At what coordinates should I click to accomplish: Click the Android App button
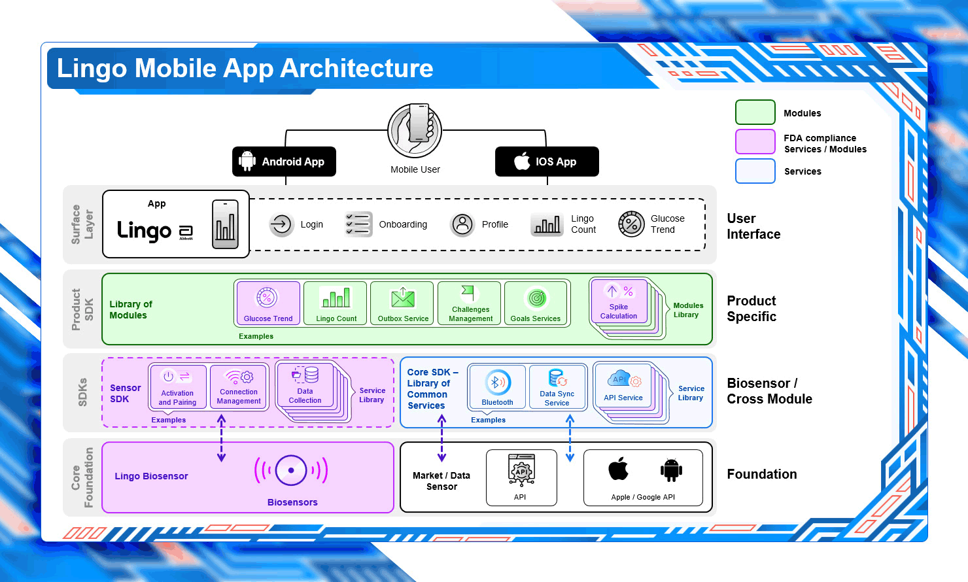tap(284, 162)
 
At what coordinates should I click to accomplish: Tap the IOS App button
tap(547, 162)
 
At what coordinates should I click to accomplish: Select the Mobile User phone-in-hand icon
tap(415, 131)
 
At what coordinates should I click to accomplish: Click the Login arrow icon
tap(281, 224)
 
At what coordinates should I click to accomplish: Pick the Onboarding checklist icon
tap(358, 224)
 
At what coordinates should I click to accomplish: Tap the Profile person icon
tap(462, 224)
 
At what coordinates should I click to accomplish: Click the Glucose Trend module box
tap(268, 303)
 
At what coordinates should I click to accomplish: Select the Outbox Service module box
tap(402, 303)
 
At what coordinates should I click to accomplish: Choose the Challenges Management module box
tap(470, 303)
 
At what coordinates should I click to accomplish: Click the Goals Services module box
tap(536, 303)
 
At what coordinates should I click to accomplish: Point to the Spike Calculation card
tap(619, 301)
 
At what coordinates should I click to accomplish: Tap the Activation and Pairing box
tap(178, 386)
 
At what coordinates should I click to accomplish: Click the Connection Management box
tap(239, 386)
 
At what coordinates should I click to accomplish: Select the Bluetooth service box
tap(497, 386)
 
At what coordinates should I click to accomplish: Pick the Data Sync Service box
tap(557, 386)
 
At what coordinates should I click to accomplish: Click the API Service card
tap(623, 385)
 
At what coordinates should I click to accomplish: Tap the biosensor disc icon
tap(291, 471)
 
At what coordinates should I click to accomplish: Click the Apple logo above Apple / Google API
tap(618, 469)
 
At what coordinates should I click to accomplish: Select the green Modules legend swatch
tap(755, 112)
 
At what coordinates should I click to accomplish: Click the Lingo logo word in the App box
tap(145, 231)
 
